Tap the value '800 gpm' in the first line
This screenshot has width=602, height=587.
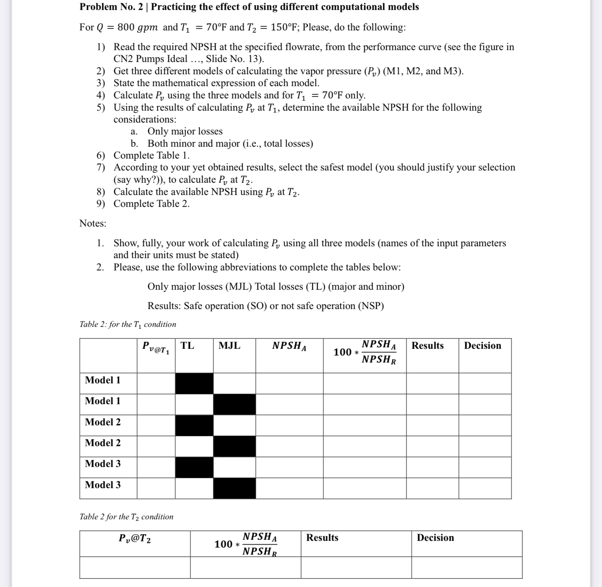(137, 27)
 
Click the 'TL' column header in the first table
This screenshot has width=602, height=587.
(187, 346)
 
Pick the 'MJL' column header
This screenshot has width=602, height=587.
(229, 346)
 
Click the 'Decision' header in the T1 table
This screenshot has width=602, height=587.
(482, 346)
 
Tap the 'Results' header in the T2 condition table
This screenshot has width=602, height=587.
(322, 538)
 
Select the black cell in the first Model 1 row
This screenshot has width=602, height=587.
(194, 383)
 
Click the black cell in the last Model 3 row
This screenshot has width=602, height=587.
(234, 488)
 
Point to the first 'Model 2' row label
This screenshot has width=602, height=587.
(103, 422)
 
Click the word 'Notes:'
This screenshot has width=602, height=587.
(93, 224)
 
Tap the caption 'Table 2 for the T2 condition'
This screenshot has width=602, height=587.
(126, 517)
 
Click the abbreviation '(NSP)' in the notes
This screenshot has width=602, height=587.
(371, 306)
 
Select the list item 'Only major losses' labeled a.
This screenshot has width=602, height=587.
(185, 132)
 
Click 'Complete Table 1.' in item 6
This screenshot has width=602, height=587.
(152, 155)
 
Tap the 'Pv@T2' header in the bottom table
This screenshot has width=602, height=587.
(135, 538)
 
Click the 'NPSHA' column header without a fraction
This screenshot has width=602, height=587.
(289, 346)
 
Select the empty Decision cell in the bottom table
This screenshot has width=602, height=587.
(466, 567)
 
